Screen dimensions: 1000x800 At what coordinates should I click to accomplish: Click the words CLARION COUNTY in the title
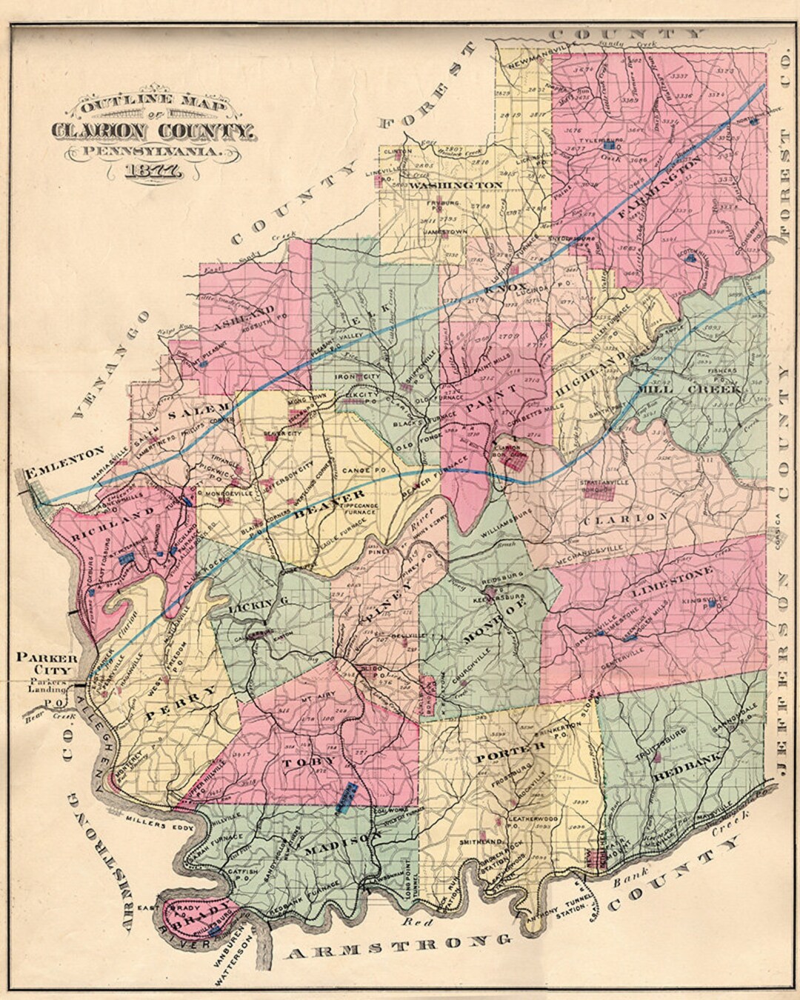(154, 130)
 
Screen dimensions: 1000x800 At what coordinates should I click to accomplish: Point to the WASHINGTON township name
(456, 184)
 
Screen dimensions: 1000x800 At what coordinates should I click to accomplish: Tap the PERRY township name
(181, 703)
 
